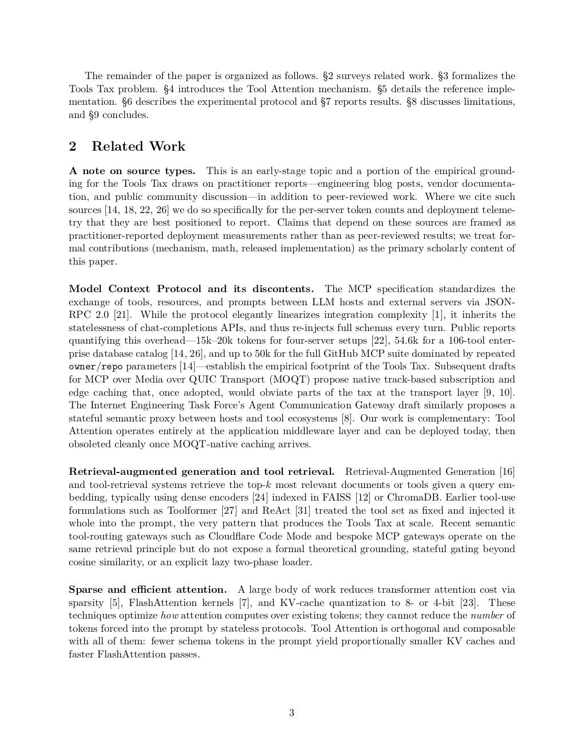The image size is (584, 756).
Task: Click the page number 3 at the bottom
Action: [x=291, y=713]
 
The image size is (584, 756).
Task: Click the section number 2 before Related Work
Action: [x=73, y=147]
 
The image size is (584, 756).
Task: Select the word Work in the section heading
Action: [x=167, y=147]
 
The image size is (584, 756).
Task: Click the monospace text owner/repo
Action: [x=96, y=367]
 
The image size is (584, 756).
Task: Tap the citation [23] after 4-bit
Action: [x=468, y=603]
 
